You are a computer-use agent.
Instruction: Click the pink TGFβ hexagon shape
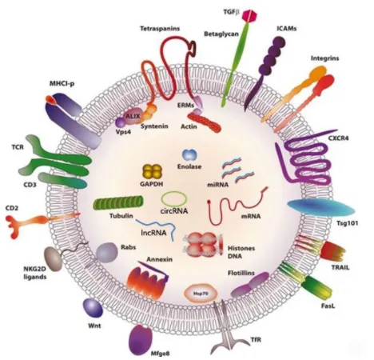[x=250, y=16]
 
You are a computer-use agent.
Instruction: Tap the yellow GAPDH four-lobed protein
[x=153, y=171]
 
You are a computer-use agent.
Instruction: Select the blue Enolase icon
[x=189, y=155]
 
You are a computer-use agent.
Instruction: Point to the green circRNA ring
[x=174, y=199]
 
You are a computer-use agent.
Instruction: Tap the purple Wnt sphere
[x=93, y=308]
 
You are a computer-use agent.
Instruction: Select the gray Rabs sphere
[x=106, y=253]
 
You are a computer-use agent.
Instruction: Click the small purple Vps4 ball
[x=121, y=122]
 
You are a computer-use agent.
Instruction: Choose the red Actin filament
[x=205, y=122]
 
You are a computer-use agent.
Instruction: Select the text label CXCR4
[x=338, y=138]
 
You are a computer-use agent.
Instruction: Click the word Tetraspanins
[x=160, y=29]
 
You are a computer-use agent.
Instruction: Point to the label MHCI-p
[x=62, y=84]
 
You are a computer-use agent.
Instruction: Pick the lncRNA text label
[x=153, y=233]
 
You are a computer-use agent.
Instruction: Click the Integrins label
[x=324, y=58]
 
